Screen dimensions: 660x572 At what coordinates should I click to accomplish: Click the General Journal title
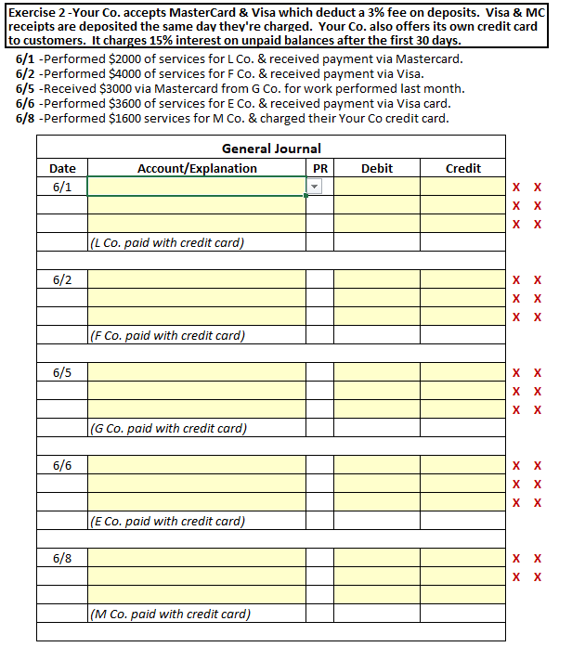coord(271,149)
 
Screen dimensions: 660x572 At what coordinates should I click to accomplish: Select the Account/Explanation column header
coord(197,168)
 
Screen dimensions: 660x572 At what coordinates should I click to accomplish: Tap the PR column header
coord(319,168)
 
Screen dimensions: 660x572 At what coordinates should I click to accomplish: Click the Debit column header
coord(376,168)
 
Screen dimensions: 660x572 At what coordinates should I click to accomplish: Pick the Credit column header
coord(462,168)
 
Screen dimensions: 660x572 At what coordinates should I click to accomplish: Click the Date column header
coord(62,168)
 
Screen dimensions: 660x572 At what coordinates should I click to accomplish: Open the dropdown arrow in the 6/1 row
coord(314,187)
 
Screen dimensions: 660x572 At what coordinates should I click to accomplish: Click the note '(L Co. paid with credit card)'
coord(167,243)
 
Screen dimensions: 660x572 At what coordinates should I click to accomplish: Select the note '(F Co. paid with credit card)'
coord(167,336)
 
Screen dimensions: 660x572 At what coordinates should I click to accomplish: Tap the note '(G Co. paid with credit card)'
coord(168,429)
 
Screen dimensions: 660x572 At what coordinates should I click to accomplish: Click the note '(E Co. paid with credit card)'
coord(167,522)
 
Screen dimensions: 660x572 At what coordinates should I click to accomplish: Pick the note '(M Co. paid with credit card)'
coord(170,615)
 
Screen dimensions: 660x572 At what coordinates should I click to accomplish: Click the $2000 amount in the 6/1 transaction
coord(123,58)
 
